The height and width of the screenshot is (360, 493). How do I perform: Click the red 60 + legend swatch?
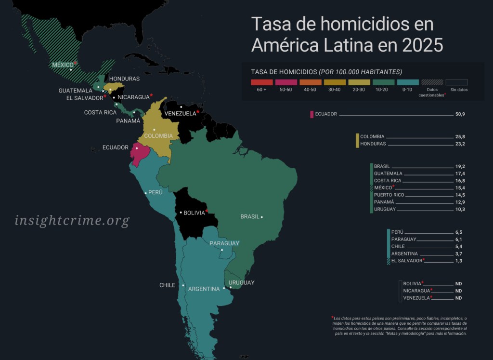coord(262,82)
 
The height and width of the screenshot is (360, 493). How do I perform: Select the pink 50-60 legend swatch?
coord(286,82)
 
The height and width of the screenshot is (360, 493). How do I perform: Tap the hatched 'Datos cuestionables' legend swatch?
coord(432,82)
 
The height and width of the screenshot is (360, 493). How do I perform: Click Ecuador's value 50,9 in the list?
coord(460,114)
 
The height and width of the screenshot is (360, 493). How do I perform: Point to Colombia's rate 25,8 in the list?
coord(460,137)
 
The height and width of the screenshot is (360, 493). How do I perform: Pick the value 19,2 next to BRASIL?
coord(460,166)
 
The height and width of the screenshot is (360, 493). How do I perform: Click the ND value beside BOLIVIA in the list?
coord(458,284)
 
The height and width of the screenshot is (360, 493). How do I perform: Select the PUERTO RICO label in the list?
coord(389,195)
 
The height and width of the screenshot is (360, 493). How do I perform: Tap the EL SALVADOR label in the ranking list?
coord(406,261)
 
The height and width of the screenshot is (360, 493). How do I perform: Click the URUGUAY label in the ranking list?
coord(385,210)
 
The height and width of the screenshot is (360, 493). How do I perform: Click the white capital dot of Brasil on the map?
coord(262,217)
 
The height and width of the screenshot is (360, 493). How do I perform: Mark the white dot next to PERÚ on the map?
coord(146,193)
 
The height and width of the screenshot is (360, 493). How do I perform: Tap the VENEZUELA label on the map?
coord(180,114)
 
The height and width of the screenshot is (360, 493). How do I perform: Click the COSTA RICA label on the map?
coord(100,112)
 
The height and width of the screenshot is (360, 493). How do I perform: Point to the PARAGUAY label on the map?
coord(224,243)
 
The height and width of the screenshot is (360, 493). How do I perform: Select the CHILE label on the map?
coord(167,285)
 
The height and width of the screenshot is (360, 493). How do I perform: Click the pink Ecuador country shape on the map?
coord(140,153)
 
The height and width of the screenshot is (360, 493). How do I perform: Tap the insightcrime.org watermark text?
coord(72,221)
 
